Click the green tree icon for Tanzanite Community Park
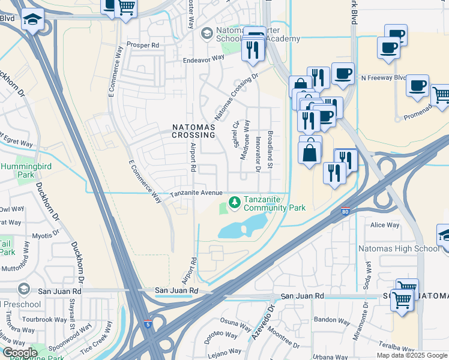point(234,200)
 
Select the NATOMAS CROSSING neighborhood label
point(193,131)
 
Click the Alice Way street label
point(385,225)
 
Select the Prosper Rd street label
point(142,45)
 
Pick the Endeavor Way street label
point(203,59)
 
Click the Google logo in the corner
point(20,353)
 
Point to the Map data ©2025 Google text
point(411,355)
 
